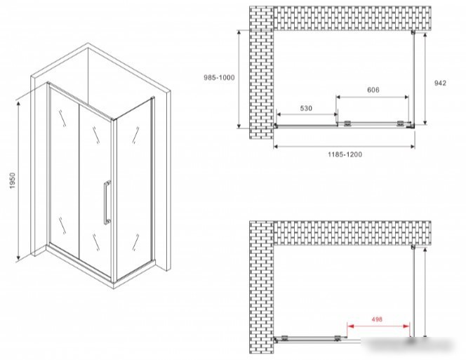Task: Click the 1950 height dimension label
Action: click(12, 181)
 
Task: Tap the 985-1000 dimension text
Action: click(219, 78)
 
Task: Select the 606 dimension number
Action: click(373, 90)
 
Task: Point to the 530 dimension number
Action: click(306, 108)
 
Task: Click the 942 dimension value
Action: click(440, 84)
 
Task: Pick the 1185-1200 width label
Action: click(345, 154)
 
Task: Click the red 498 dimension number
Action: click(377, 319)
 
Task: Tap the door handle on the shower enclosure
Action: click(107, 202)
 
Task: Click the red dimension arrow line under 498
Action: click(379, 326)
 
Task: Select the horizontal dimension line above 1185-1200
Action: click(344, 146)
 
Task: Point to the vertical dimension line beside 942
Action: click(425, 79)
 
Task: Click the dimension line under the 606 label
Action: click(373, 97)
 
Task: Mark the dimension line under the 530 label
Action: click(307, 114)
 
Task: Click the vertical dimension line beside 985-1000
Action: click(239, 79)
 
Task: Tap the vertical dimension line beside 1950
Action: click(18, 180)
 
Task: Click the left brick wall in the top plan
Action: click(261, 72)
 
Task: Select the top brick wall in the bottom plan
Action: click(352, 233)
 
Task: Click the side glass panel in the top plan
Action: click(413, 78)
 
